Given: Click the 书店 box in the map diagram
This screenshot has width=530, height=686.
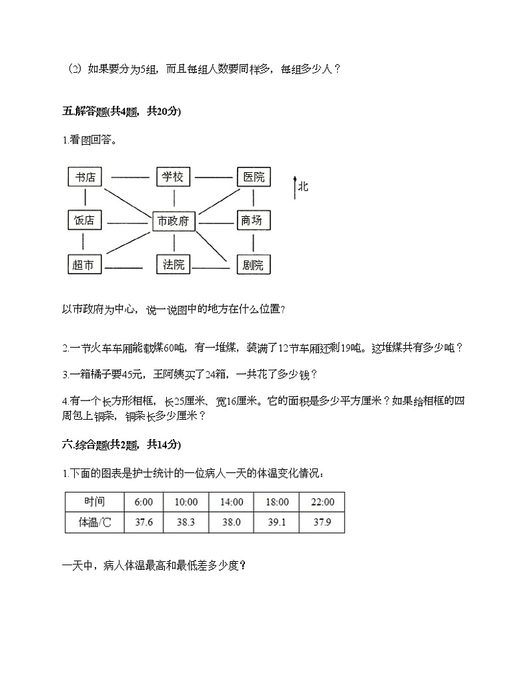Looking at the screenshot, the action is (85, 177).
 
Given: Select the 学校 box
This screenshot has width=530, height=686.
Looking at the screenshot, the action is (173, 177).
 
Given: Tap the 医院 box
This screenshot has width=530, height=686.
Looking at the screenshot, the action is (254, 177).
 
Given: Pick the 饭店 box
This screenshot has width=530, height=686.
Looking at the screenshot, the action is (85, 221).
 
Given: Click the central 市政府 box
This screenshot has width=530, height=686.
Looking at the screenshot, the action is (174, 221).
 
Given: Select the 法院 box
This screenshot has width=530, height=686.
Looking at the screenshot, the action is (173, 265).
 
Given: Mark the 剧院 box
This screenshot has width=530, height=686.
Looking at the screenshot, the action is (254, 265).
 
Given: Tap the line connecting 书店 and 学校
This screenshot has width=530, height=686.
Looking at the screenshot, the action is (129, 178).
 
